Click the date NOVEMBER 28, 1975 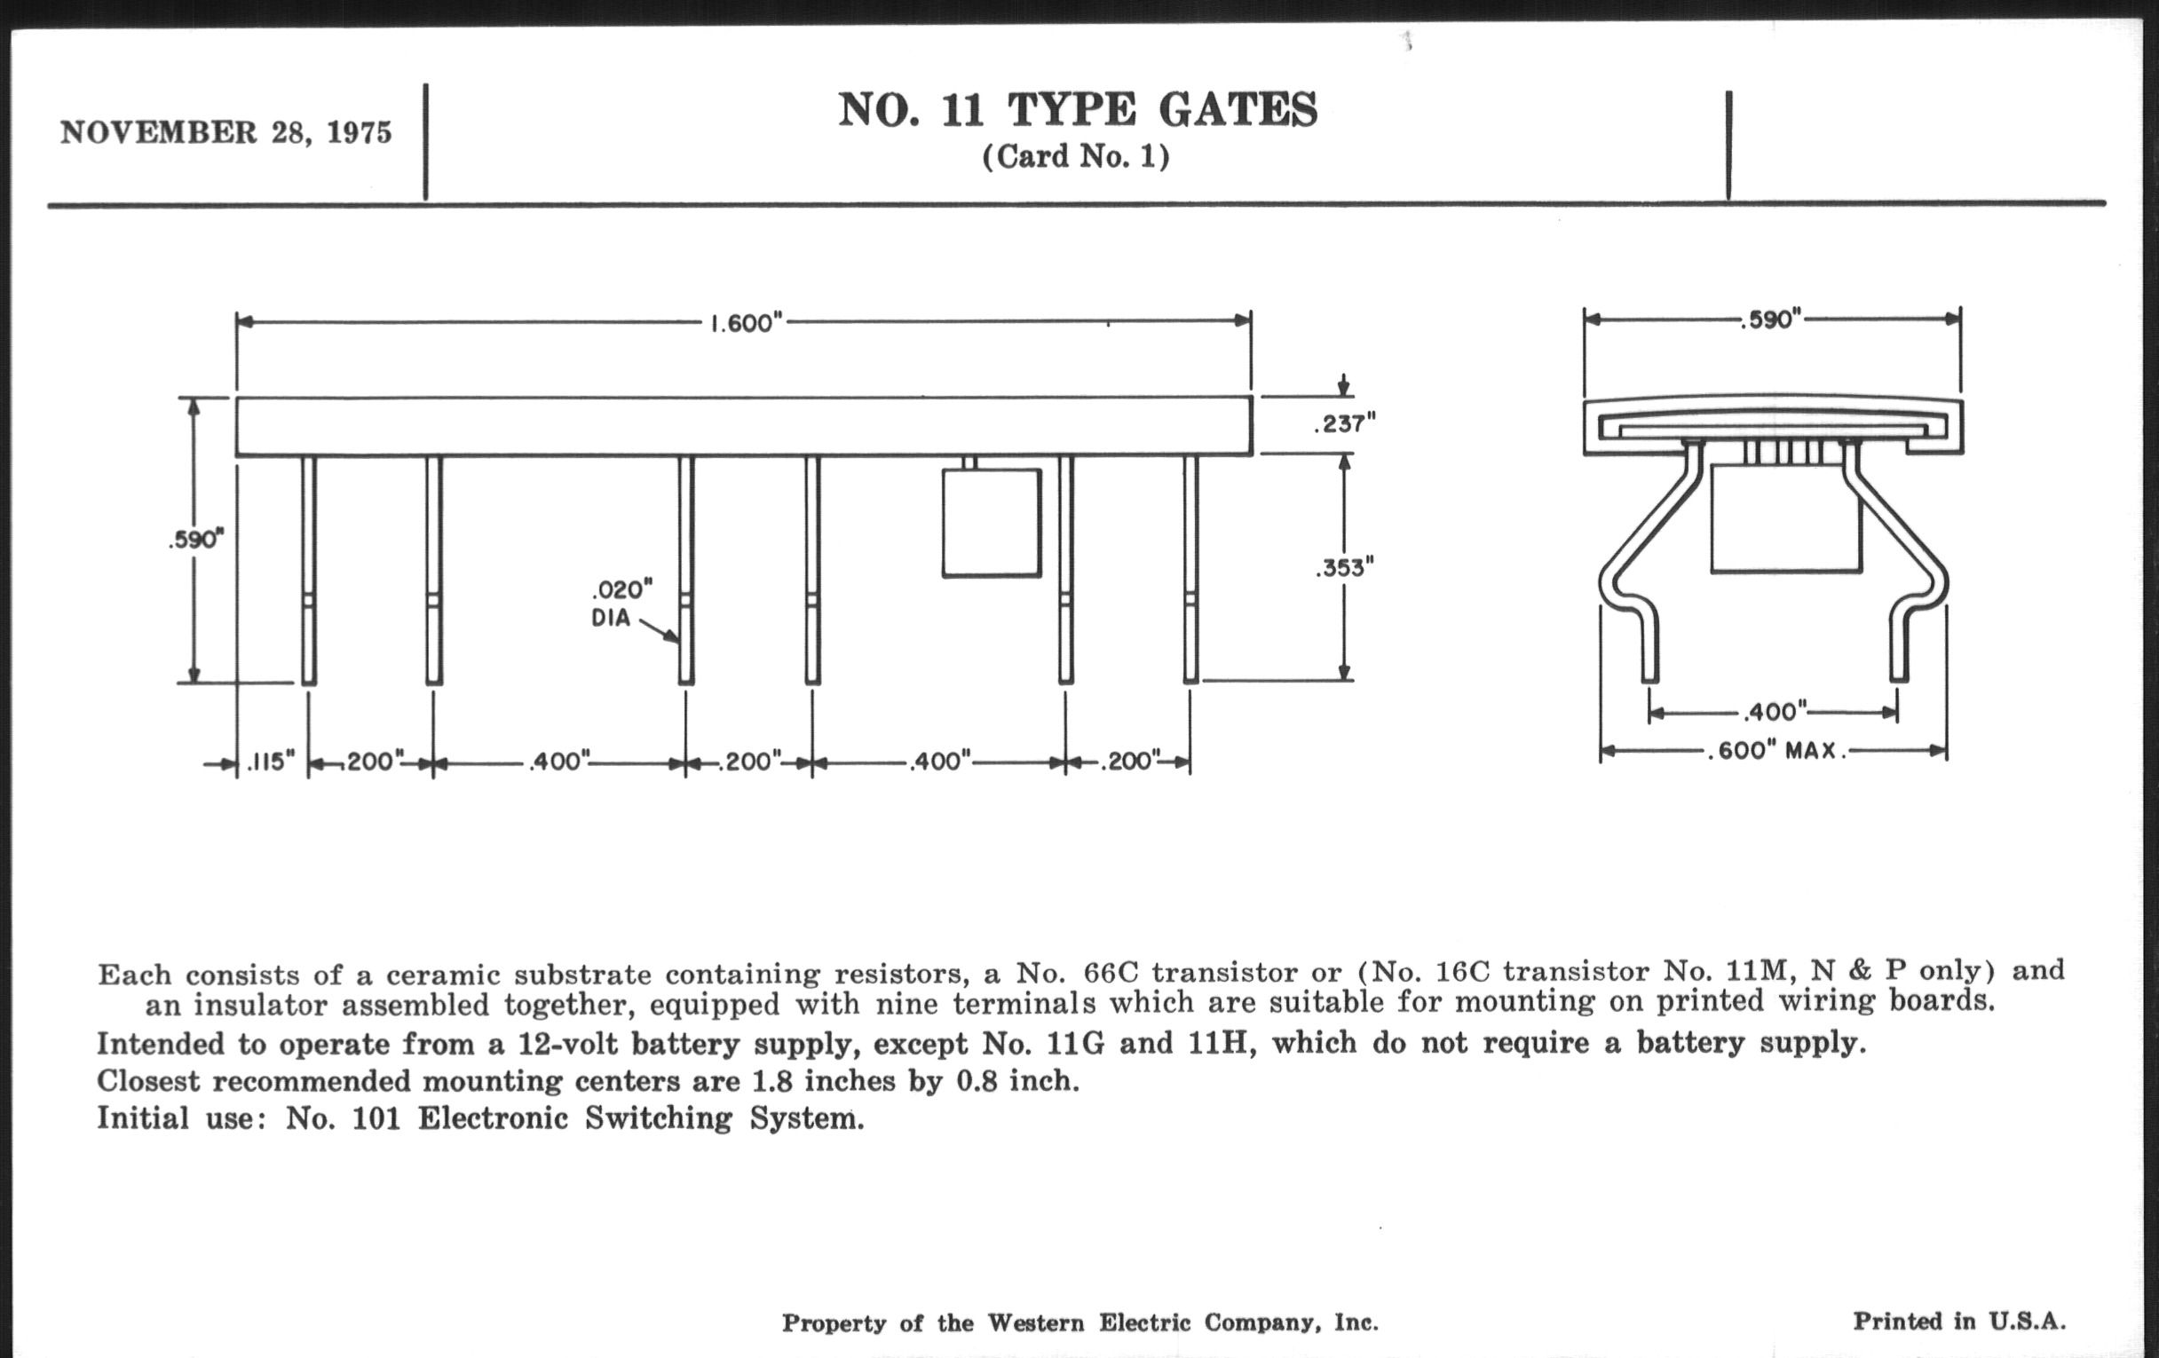(x=226, y=132)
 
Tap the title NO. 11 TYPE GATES (x=1078, y=110)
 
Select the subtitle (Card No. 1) (x=1076, y=157)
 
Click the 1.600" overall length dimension (x=746, y=323)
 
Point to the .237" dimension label (x=1344, y=424)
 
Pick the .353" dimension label (x=1344, y=567)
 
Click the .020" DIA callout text (x=621, y=604)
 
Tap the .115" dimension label (x=271, y=762)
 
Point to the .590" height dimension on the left (x=195, y=540)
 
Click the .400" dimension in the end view (x=1774, y=713)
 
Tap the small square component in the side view (x=991, y=523)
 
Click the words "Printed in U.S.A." (x=1959, y=1322)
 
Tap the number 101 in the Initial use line (x=376, y=1118)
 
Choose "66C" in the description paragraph (x=1110, y=973)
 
